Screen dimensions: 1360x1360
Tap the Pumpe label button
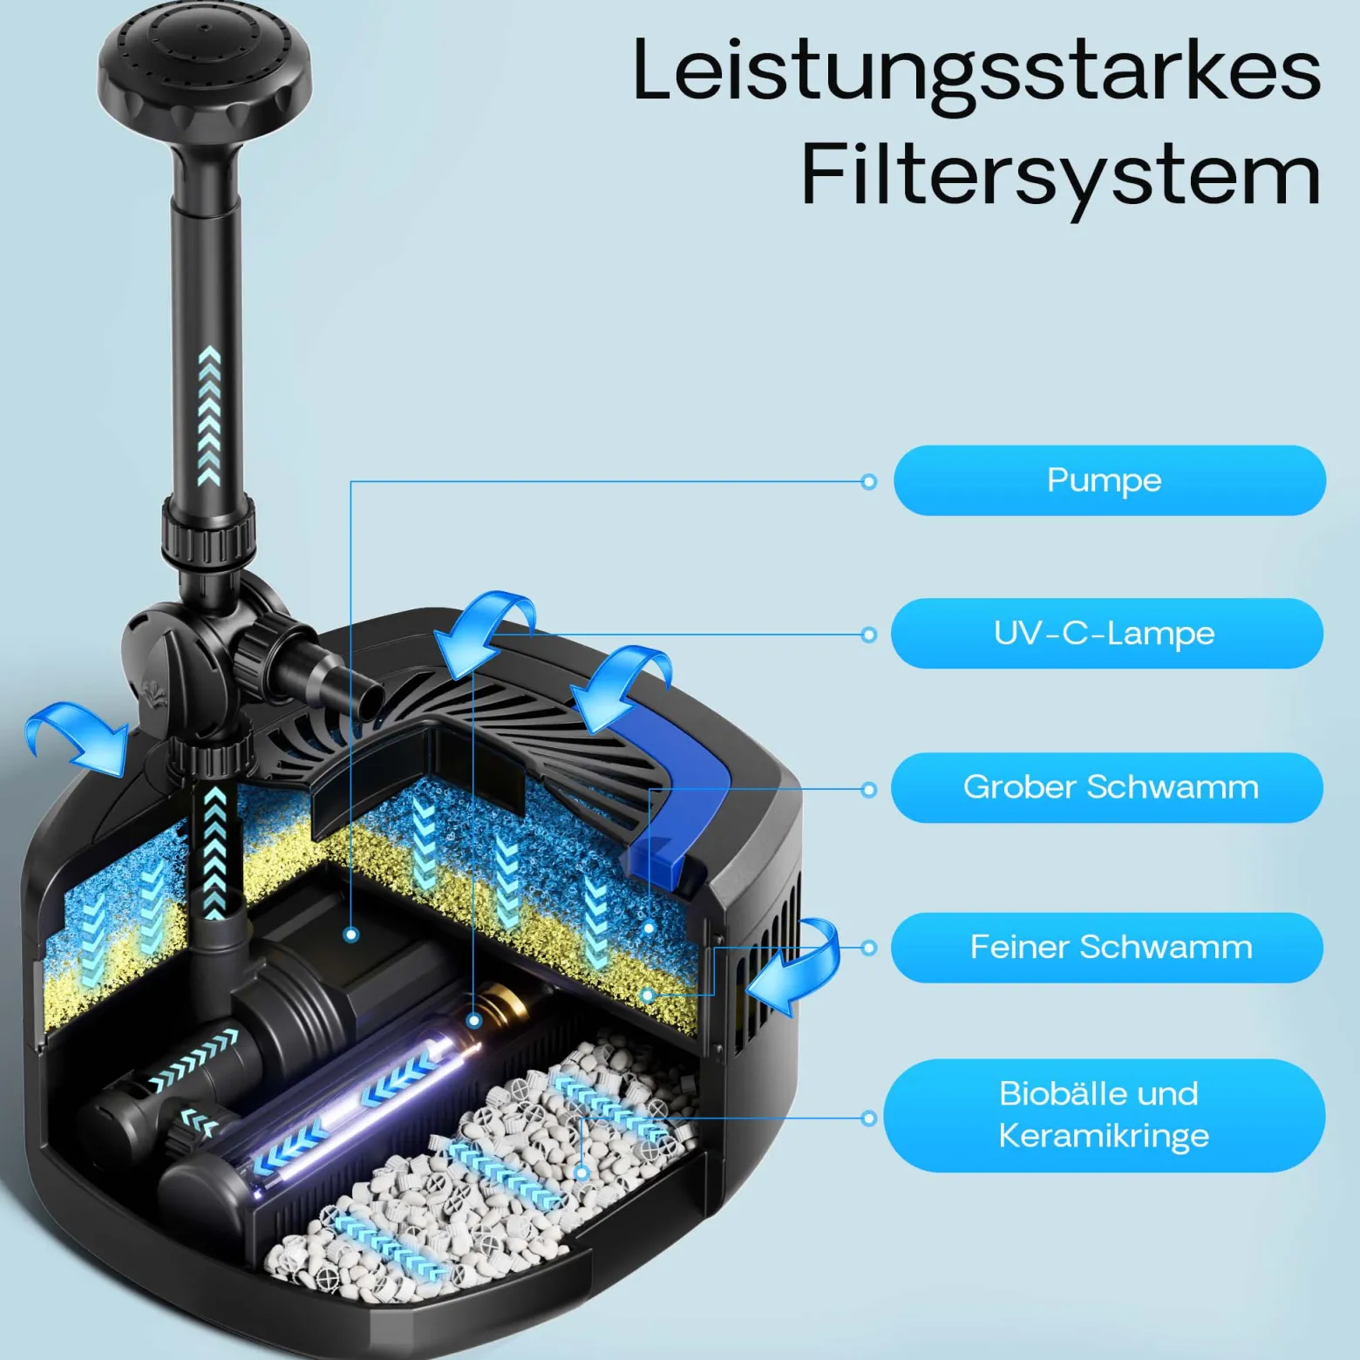[x=1109, y=480]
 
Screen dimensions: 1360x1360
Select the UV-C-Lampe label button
[x=1107, y=634]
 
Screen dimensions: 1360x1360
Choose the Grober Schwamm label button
[x=1107, y=788]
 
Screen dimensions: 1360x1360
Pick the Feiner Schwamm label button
[x=1107, y=948]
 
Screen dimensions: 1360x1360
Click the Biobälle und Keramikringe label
[x=1105, y=1115]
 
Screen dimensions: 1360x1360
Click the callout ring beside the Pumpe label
[x=868, y=481]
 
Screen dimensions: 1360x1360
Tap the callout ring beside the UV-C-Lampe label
[x=868, y=635]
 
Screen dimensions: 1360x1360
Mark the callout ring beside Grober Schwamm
[x=868, y=790]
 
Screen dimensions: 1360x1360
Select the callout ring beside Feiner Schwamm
[x=868, y=948]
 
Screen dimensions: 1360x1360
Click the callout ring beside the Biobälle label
[x=868, y=1118]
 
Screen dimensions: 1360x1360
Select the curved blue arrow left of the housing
[x=78, y=737]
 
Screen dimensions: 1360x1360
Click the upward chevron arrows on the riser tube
[x=209, y=416]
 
